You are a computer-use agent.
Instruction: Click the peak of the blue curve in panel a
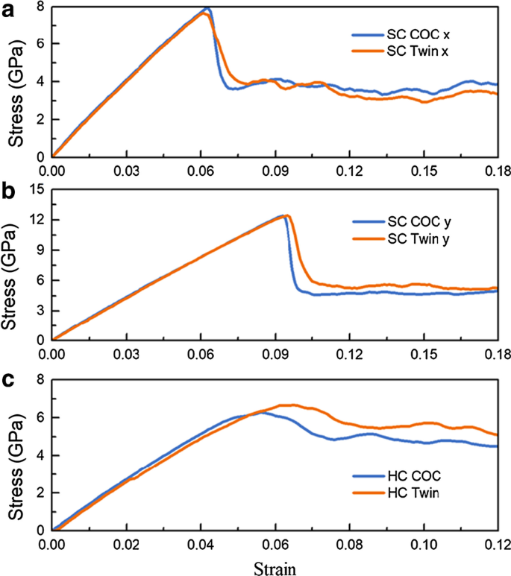point(207,9)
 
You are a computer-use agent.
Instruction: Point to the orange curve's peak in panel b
point(288,215)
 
